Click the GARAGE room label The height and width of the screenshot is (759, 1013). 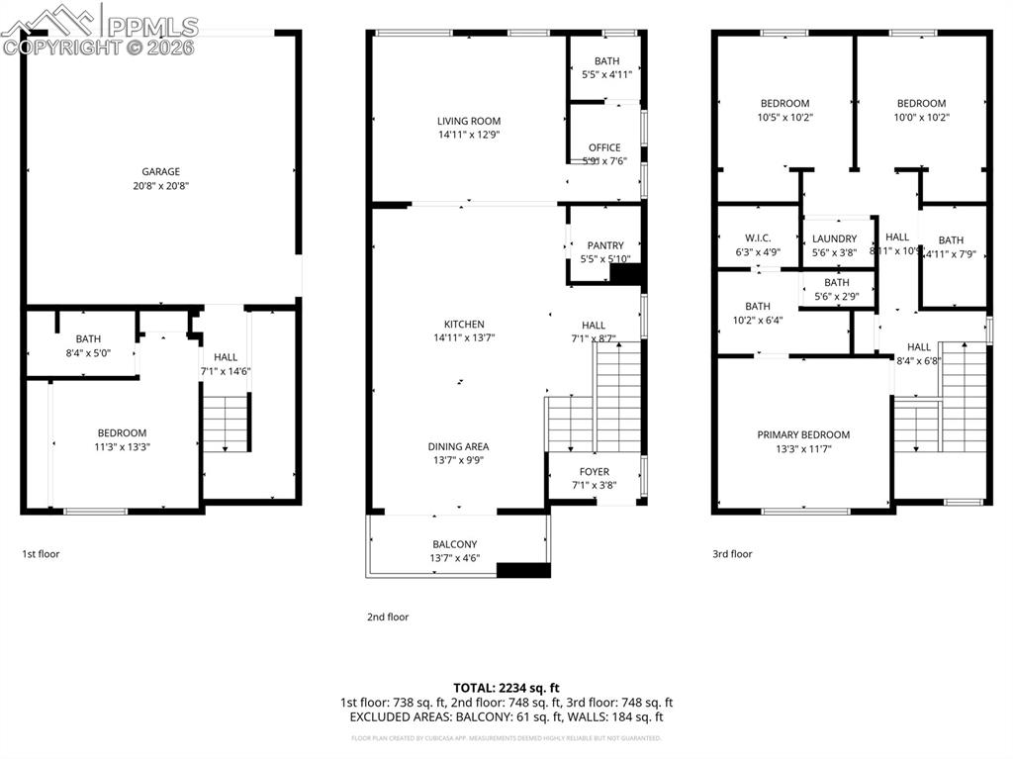point(160,172)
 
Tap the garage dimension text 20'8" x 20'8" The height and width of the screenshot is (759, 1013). point(160,186)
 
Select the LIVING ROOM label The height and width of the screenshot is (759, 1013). point(468,122)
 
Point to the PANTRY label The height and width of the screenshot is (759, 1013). point(605,246)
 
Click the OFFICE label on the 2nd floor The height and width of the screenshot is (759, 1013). point(604,148)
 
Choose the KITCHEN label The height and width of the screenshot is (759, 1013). point(464,325)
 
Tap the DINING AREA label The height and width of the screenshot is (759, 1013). point(458,446)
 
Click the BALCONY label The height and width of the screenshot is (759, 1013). point(454,544)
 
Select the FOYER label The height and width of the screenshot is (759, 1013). point(595,472)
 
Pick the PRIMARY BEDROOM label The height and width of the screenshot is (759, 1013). point(803,434)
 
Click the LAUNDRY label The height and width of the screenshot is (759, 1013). point(834,238)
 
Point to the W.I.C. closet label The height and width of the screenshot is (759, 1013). point(758,238)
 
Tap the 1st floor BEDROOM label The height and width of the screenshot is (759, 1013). point(122,432)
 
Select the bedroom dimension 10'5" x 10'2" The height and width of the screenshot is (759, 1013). point(784,117)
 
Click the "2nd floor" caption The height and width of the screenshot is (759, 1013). point(388,617)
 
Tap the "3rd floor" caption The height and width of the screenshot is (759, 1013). point(733,554)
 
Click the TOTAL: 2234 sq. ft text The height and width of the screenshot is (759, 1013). point(506,688)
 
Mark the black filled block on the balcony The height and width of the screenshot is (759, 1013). point(523,570)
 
